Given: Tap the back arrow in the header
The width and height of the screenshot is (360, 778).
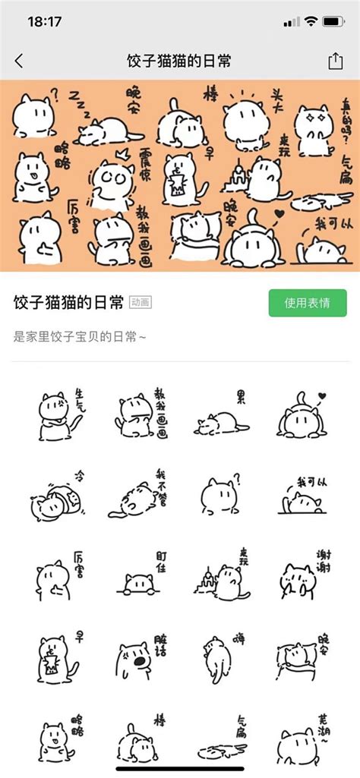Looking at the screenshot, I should [19, 61].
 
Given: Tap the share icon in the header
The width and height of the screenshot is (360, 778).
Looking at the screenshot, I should [335, 61].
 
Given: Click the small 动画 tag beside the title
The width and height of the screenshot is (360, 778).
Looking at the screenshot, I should [141, 302].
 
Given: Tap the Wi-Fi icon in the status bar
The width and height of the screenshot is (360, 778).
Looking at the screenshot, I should [310, 21].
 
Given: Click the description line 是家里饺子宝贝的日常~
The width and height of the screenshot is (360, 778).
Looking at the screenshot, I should [79, 335].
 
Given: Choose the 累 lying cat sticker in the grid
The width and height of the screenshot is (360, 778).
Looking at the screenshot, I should [219, 417].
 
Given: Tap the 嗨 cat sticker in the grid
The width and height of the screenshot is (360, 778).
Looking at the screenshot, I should [219, 659].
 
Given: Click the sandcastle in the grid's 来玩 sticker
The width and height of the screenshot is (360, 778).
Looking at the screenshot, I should [205, 584].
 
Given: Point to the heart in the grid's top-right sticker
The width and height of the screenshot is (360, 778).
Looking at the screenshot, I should [322, 395].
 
